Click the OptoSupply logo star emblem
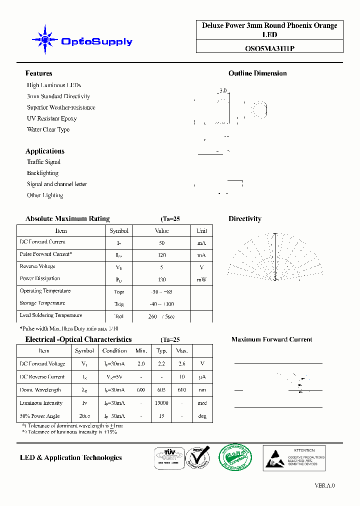45,39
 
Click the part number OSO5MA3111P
269,49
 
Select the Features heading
38,73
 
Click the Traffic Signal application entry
43,162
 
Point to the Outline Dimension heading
257,73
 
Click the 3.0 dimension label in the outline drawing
222,91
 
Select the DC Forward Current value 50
161,242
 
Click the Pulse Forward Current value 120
161,255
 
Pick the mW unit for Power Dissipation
201,279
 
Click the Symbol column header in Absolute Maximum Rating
119,231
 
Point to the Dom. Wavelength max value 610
182,390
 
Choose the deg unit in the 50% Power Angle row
202,416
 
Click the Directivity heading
244,219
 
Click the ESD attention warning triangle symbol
275,458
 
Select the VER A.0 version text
324,485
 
